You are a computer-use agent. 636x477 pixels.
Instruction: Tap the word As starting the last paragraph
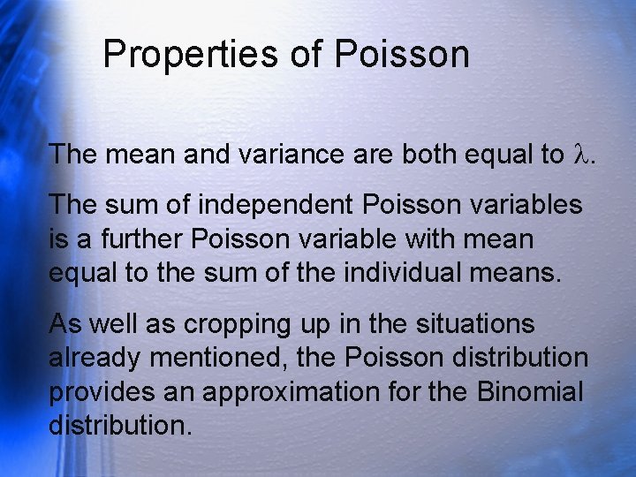(x=64, y=324)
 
